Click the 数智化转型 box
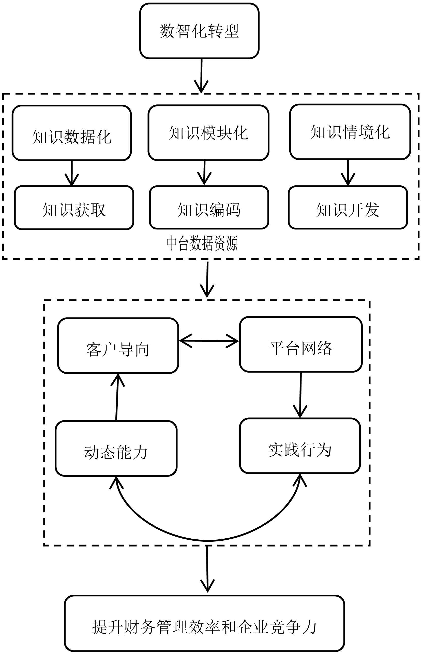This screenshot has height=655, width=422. click(199, 31)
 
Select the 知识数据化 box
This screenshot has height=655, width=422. click(72, 133)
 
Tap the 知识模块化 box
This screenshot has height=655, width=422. click(208, 133)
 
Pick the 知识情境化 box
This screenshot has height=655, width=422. click(350, 132)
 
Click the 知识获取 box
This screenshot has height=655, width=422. click(74, 208)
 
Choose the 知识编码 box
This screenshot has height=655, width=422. click(209, 208)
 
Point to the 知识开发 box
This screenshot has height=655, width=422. click(348, 208)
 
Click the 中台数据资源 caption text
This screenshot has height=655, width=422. click(202, 243)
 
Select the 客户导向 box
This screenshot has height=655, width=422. click(118, 346)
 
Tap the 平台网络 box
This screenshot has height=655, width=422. click(300, 345)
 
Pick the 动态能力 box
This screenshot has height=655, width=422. click(116, 448)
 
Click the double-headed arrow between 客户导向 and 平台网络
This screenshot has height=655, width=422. click(209, 341)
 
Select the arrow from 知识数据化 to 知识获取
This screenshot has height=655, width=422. click(72, 173)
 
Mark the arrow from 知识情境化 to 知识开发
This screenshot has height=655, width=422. click(348, 173)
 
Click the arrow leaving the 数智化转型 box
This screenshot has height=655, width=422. click(201, 75)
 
